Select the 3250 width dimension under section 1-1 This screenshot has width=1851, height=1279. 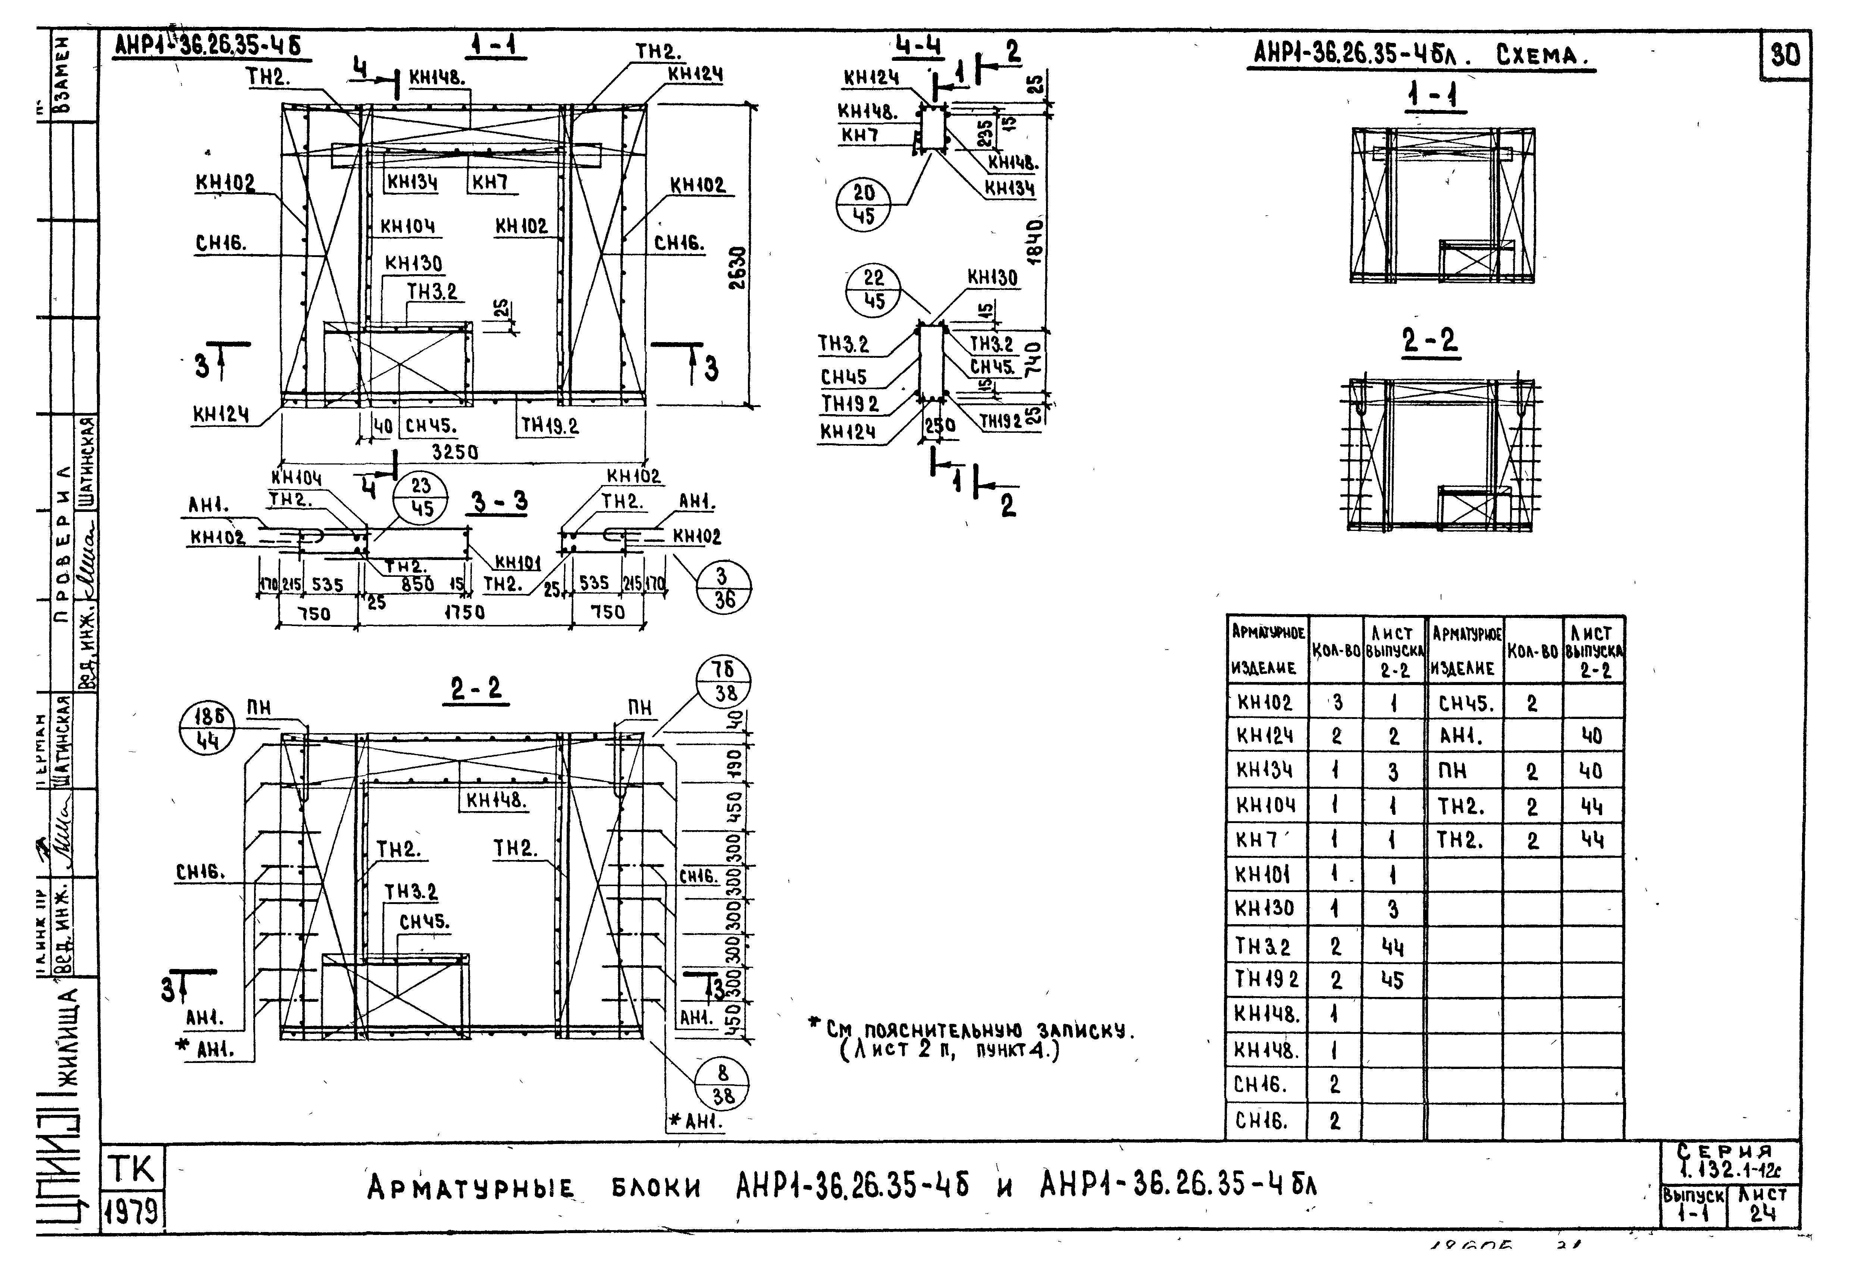click(x=455, y=452)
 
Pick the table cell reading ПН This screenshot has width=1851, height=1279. click(x=1452, y=771)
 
